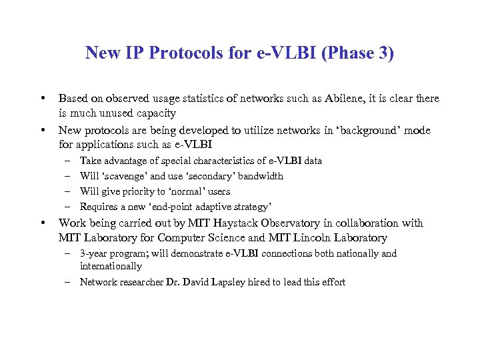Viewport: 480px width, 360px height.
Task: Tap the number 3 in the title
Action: pos(385,53)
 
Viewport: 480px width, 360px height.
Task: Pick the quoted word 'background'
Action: pos(371,131)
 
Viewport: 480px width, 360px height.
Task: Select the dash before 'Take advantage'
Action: pos(69,161)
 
